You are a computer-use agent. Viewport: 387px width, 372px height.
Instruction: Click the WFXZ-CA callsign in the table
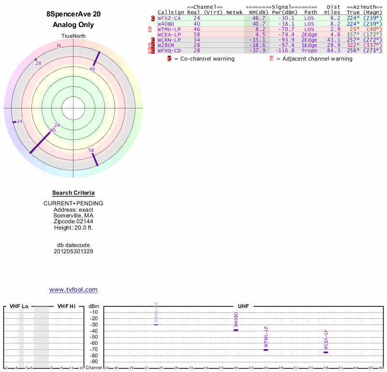[169, 18]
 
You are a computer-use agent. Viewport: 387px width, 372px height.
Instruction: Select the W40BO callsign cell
[165, 23]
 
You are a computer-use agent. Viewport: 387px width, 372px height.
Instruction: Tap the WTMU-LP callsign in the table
[169, 29]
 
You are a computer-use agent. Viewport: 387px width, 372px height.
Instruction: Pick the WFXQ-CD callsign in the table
[169, 50]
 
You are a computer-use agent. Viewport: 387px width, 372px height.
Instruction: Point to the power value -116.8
[284, 50]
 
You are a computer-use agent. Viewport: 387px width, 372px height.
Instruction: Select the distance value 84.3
[334, 50]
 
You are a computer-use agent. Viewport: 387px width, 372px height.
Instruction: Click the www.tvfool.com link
[74, 290]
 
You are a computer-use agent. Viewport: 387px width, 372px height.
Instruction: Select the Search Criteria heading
[74, 193]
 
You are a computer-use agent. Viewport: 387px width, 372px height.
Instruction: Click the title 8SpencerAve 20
[74, 14]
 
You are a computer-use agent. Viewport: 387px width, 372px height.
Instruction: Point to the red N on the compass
[59, 46]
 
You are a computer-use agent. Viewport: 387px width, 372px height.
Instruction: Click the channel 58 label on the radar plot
[91, 151]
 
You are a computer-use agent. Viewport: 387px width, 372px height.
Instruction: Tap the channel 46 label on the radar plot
[92, 69]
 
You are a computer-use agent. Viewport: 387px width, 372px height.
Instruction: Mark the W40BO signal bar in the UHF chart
[236, 330]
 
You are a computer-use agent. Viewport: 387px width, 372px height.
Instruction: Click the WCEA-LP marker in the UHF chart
[326, 352]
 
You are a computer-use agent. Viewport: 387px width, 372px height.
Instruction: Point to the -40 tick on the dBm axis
[94, 331]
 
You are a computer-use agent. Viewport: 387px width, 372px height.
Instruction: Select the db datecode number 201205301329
[74, 251]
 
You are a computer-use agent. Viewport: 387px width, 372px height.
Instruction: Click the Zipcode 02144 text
[74, 221]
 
